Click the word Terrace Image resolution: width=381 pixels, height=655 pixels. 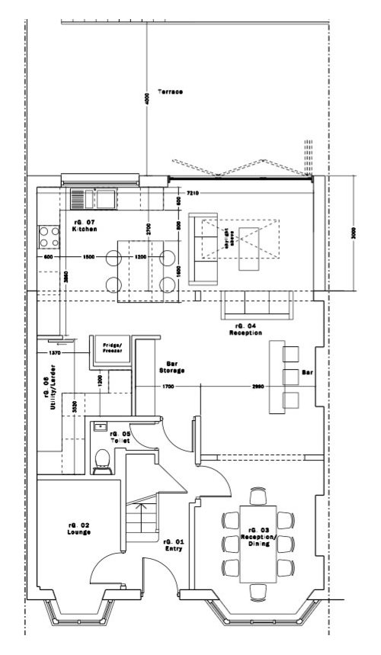[170, 92]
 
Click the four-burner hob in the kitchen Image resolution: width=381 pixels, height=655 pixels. [50, 237]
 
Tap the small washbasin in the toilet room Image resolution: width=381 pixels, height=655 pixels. [98, 428]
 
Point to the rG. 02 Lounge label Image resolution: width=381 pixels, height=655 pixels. [79, 528]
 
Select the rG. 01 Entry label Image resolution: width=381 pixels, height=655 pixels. [173, 544]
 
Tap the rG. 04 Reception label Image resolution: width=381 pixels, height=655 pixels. [242, 329]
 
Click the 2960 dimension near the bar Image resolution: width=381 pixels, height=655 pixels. [258, 387]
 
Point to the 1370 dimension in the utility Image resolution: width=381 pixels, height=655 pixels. [54, 353]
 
